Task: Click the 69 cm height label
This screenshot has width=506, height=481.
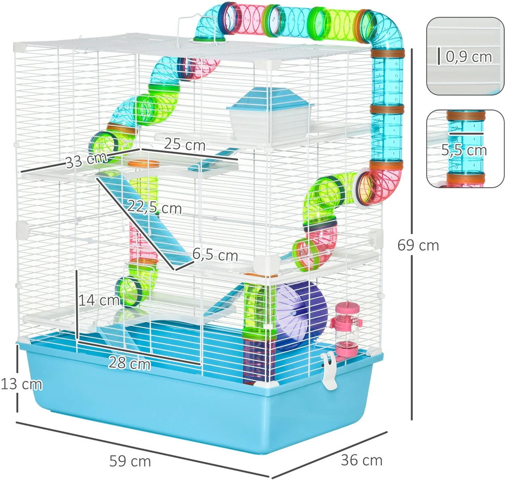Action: pyautogui.click(x=418, y=245)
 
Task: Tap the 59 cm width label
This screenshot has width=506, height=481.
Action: pyautogui.click(x=130, y=461)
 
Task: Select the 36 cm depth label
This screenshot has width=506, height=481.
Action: pyautogui.click(x=362, y=460)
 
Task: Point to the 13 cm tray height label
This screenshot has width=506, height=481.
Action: pyautogui.click(x=21, y=384)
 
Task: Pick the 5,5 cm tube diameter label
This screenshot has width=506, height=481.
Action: pyautogui.click(x=464, y=150)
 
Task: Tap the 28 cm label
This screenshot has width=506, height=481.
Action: pyautogui.click(x=129, y=363)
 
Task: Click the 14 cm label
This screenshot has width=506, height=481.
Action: pyautogui.click(x=98, y=300)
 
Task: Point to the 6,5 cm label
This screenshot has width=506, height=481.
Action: pyautogui.click(x=215, y=255)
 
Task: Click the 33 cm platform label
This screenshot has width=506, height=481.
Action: pyautogui.click(x=86, y=160)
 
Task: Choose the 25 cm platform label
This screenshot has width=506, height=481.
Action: pyautogui.click(x=184, y=144)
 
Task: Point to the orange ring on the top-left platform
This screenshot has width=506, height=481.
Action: pyautogui.click(x=143, y=163)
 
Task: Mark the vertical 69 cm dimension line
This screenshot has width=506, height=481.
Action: pyautogui.click(x=412, y=234)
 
